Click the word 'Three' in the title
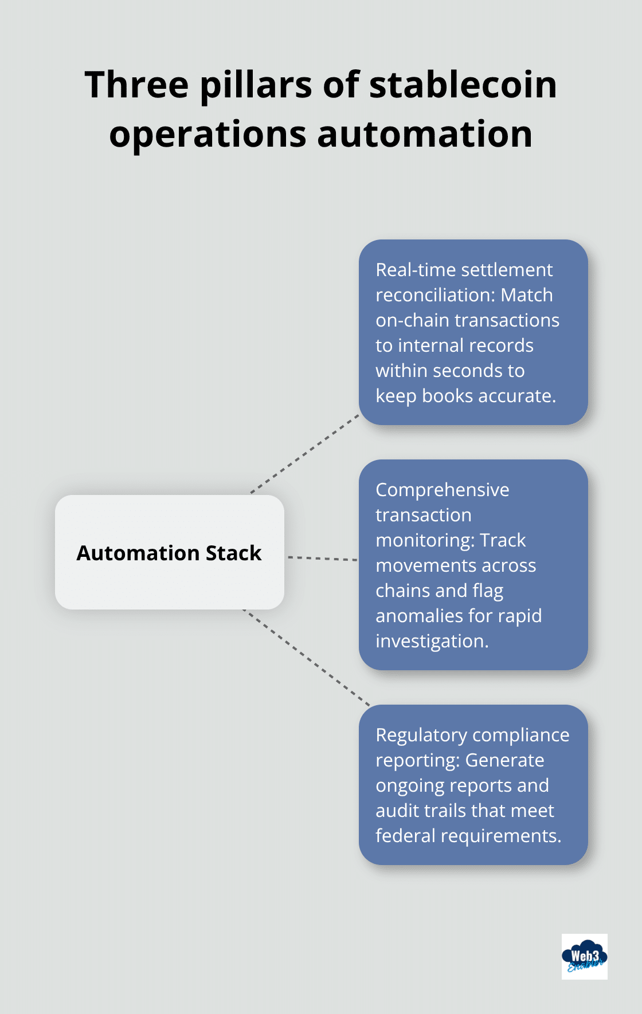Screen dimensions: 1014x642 136,85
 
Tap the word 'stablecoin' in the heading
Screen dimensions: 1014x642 463,85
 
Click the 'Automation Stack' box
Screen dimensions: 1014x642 170,552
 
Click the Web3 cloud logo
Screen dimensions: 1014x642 584,956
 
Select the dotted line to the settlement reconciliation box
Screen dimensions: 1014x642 305,453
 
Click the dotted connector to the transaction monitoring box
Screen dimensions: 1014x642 322,558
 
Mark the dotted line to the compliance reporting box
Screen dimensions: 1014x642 307,658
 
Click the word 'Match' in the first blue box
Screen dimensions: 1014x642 527,295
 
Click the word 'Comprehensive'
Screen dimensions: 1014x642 443,490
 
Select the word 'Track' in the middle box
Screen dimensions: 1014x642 503,540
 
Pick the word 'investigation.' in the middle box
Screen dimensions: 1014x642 432,641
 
